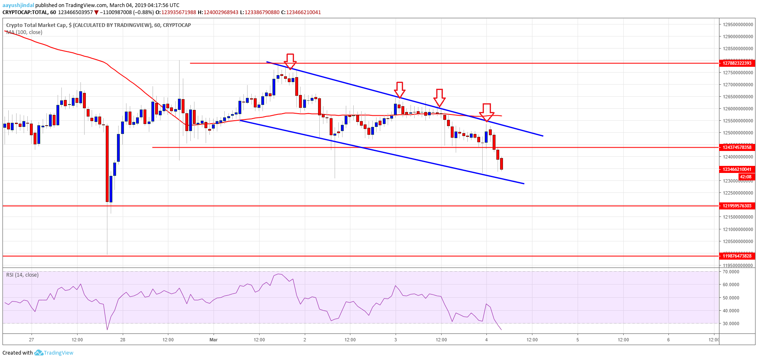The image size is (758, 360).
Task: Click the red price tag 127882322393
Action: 737,63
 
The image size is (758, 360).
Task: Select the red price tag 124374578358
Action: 737,147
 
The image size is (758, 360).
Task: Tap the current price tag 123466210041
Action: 737,169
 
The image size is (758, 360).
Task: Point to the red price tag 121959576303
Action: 737,206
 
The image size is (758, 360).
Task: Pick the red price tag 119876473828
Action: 737,256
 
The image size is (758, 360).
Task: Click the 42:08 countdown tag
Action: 745,177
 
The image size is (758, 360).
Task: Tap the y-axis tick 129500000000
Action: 738,24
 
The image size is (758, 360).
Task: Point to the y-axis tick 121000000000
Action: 738,229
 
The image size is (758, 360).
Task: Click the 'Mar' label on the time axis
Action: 214,340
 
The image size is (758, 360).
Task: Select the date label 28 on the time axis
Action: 123,340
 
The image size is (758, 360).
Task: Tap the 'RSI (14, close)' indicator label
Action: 22,275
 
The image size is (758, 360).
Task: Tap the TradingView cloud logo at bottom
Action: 39,353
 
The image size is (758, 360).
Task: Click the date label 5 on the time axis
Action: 578,340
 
